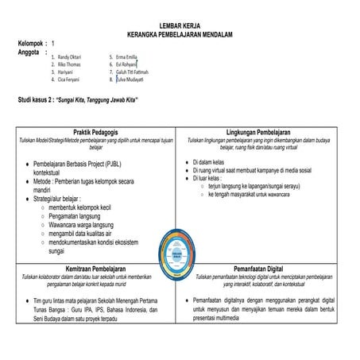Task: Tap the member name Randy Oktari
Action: [70, 58]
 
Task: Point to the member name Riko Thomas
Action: [69, 65]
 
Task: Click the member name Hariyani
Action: [66, 72]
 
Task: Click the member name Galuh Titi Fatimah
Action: [133, 72]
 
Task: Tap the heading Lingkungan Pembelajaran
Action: [263, 131]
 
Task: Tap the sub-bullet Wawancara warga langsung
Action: [79, 224]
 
